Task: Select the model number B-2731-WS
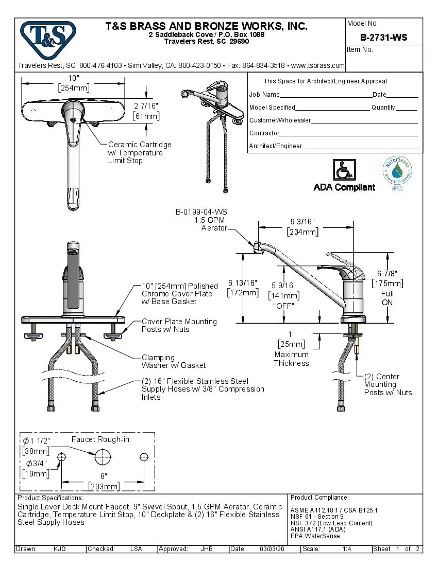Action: click(383, 37)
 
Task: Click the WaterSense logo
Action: click(397, 173)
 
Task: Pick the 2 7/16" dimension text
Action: click(146, 105)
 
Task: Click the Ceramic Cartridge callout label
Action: click(139, 152)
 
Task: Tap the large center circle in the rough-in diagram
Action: click(103, 456)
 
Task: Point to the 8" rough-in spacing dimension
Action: click(104, 476)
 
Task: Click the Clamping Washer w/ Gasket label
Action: click(173, 361)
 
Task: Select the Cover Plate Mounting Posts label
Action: click(179, 325)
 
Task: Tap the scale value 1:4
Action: click(347, 549)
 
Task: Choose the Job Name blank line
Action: click(326, 95)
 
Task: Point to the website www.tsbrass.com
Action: click(318, 65)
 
